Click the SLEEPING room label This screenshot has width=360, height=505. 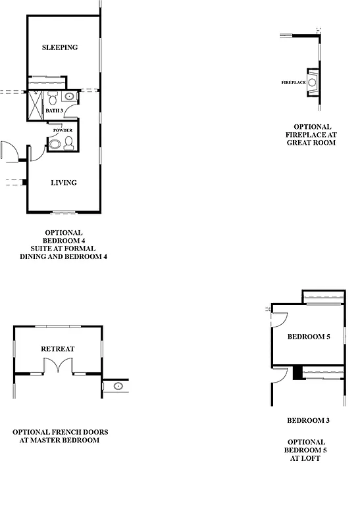[x=60, y=47]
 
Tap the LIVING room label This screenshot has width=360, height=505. [x=64, y=183]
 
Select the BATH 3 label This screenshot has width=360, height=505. [x=55, y=111]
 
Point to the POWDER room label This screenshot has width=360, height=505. [x=63, y=130]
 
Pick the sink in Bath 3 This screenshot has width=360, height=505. [x=69, y=98]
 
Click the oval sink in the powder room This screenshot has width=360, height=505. [x=55, y=143]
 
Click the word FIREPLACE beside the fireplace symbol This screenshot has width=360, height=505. [x=293, y=83]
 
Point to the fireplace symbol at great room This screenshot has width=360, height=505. [x=313, y=82]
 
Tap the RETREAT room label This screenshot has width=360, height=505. [x=58, y=349]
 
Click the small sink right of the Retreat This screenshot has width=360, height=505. [x=118, y=386]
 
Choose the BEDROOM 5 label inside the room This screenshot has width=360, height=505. [x=308, y=337]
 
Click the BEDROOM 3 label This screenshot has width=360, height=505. [x=308, y=420]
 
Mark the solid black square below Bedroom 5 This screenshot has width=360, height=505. [x=297, y=372]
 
